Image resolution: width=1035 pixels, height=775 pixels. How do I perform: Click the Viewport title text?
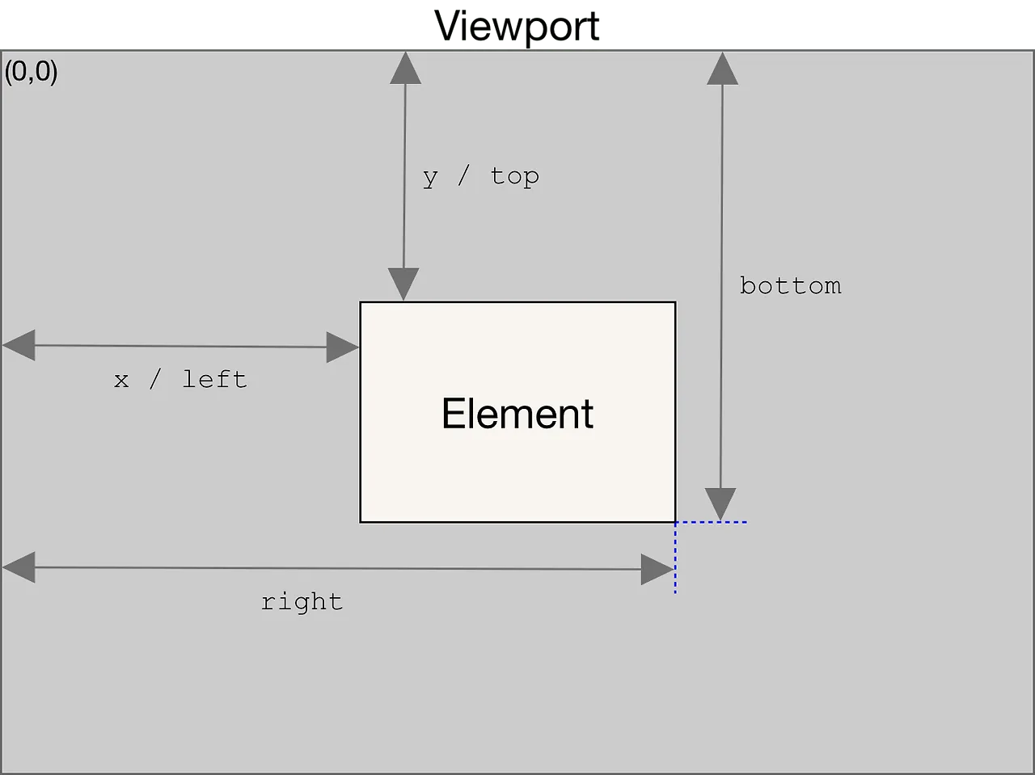point(517,27)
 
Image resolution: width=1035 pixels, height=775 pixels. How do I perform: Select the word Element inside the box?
point(517,413)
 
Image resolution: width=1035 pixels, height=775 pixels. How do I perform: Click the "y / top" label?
point(481,178)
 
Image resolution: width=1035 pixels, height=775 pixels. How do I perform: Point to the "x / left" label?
point(180,380)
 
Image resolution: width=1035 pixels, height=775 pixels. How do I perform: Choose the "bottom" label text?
point(790,285)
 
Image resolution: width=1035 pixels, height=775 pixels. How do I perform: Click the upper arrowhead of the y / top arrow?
point(406,68)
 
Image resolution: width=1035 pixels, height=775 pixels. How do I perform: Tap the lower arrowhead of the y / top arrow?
point(403,284)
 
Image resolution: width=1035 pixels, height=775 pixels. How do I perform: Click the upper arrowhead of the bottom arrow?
point(722,69)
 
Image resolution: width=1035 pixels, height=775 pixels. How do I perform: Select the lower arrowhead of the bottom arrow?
point(720,504)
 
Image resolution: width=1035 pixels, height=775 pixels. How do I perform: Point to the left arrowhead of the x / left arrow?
point(19,345)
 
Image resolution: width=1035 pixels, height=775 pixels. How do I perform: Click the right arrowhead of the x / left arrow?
point(342,347)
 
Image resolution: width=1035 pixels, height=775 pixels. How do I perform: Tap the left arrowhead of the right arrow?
point(19,567)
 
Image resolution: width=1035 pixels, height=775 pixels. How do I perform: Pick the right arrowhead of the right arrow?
point(657,570)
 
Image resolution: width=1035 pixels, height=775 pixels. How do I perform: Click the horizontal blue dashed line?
point(711,522)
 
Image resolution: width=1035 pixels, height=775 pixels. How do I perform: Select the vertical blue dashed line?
point(675,558)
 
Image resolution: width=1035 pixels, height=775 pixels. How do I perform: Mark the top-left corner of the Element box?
point(361,302)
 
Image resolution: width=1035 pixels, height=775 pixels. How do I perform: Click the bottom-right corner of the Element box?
point(675,522)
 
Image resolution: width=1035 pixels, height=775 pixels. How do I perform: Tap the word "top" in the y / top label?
point(515,178)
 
